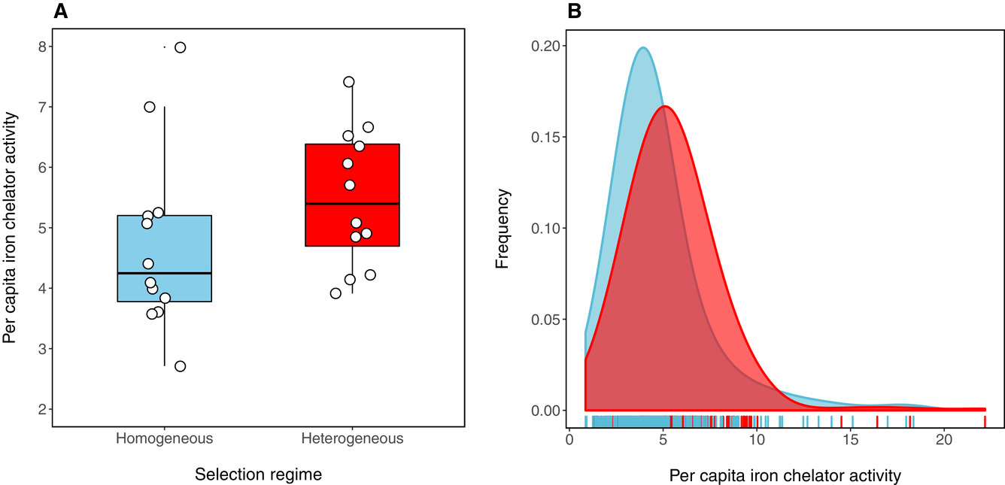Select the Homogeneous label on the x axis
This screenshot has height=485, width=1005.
coord(164,438)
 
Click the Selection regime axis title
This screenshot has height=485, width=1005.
coord(258,474)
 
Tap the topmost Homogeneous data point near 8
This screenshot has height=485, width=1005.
coord(180,47)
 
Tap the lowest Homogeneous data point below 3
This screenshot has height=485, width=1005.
coord(180,366)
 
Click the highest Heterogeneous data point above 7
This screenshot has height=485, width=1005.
coord(348,82)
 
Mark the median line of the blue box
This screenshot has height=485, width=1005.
coord(164,274)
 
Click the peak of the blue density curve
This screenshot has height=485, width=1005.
coord(643,48)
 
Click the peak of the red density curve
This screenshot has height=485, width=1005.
coord(665,107)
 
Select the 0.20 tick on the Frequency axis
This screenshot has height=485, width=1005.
coord(547,46)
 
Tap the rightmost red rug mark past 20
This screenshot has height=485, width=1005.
coord(985,420)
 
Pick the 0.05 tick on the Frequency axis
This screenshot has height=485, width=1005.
coord(547,319)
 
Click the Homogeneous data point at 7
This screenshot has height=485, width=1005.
coord(150,107)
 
